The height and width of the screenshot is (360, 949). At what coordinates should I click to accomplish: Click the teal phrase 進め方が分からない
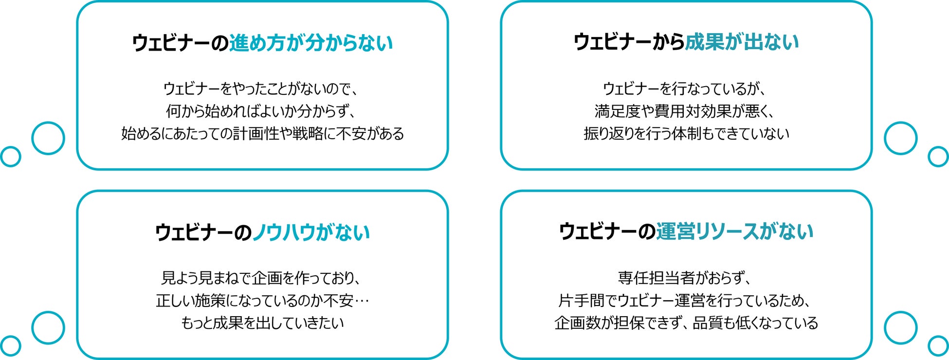pos(310,43)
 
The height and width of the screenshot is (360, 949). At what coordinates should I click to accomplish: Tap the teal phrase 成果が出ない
pos(742,42)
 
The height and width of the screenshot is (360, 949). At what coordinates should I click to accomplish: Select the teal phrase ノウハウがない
pos(311,233)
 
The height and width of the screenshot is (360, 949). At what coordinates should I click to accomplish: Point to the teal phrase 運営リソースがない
pos(734,231)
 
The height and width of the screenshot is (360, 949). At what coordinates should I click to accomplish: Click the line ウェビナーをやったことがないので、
pos(262,89)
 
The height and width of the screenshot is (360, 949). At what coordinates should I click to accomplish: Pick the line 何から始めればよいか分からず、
pos(262,111)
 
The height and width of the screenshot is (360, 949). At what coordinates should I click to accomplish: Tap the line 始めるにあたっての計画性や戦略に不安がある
pos(262,133)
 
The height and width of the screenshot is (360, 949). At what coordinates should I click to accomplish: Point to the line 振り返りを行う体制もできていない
pos(686,133)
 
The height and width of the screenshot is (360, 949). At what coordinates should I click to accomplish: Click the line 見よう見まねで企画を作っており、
pos(262,278)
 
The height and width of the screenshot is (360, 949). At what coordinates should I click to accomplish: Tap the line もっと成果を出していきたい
pos(262,323)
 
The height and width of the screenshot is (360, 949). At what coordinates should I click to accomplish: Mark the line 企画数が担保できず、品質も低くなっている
pos(686,323)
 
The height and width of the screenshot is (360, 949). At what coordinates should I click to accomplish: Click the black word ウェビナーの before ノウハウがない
pos(203,233)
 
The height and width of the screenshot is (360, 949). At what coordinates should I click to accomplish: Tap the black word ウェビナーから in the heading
pos(629,42)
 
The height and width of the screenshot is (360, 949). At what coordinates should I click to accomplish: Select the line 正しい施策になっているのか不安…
pos(262,300)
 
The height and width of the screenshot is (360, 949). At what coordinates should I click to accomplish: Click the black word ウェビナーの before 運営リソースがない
pos(607,231)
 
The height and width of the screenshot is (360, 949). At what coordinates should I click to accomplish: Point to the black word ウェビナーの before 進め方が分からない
pos(180,43)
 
